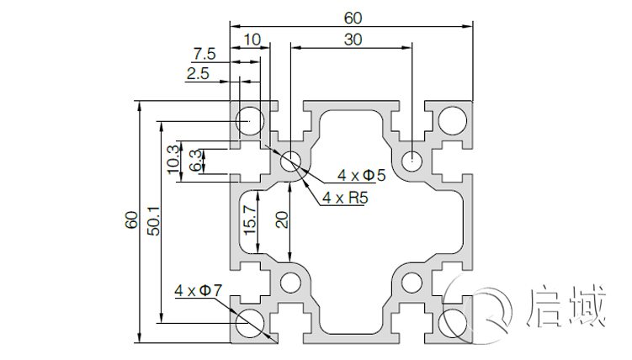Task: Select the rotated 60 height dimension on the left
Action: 131,221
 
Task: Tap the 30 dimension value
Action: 353,39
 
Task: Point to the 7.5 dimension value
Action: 204,54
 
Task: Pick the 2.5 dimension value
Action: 198,74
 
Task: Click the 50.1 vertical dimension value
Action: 152,221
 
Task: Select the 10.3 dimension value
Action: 173,158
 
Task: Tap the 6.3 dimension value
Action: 196,161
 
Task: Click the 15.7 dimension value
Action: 248,220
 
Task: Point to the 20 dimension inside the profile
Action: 282,220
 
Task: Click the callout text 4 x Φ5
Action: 361,175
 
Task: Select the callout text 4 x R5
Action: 344,198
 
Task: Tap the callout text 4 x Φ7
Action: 199,291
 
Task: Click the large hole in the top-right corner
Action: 454,119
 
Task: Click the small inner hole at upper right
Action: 412,160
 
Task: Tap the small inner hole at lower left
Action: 291,282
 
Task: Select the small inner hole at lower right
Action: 412,282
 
